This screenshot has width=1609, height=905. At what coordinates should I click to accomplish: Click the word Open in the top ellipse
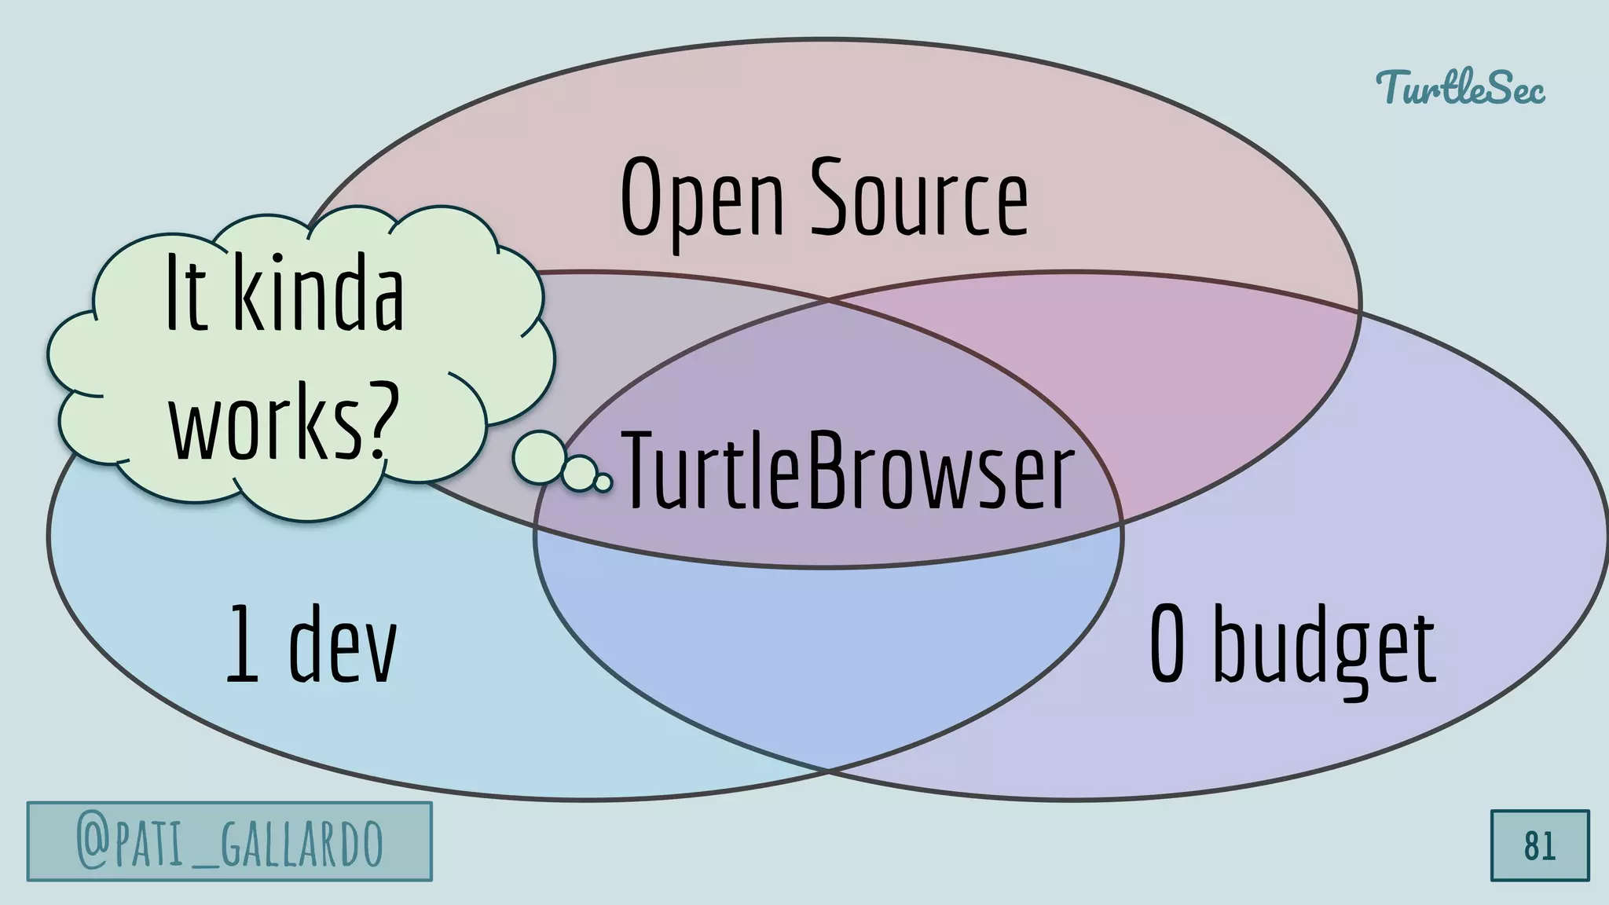(702, 198)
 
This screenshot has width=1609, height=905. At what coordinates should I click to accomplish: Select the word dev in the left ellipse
(343, 646)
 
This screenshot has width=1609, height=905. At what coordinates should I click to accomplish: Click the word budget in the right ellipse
(1325, 649)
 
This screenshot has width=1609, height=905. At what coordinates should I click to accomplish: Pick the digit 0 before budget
(1167, 646)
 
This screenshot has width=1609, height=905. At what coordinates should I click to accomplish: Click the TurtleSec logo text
(1460, 88)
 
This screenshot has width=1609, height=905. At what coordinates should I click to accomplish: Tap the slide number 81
(1539, 845)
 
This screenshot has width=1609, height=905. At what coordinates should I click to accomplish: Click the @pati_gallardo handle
(229, 842)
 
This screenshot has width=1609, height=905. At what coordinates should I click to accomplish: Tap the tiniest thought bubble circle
(603, 482)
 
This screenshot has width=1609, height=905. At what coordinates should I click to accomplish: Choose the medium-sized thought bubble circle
(580, 473)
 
